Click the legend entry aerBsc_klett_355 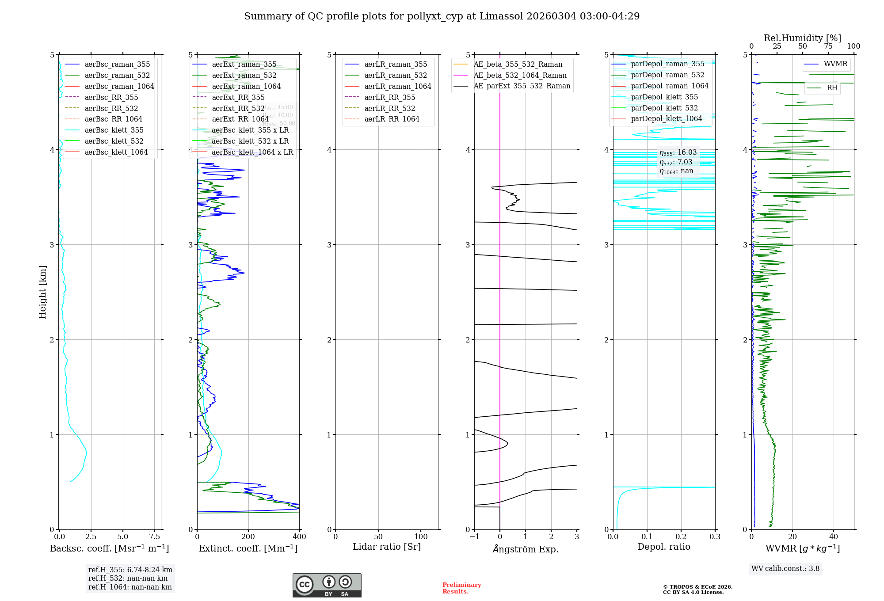pyautogui.click(x=114, y=130)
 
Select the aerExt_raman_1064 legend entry pyautogui.click(x=246, y=86)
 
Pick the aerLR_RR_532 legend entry pyautogui.click(x=389, y=108)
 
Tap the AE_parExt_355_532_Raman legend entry pyautogui.click(x=522, y=86)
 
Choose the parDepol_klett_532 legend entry pyautogui.click(x=664, y=108)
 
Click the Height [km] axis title pyautogui.click(x=42, y=292)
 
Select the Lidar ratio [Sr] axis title pyautogui.click(x=387, y=547)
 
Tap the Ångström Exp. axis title pyautogui.click(x=526, y=549)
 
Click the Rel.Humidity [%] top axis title pyautogui.click(x=802, y=38)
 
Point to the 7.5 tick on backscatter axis pyautogui.click(x=155, y=536)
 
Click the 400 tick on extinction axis pyautogui.click(x=299, y=536)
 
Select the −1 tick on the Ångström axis pyautogui.click(x=474, y=536)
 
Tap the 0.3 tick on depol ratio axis pyautogui.click(x=715, y=536)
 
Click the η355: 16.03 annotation pyautogui.click(x=678, y=152)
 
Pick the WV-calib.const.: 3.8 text pyautogui.click(x=785, y=568)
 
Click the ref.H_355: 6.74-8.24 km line pyautogui.click(x=130, y=570)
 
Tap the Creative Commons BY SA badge pyautogui.click(x=327, y=585)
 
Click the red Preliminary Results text pyautogui.click(x=461, y=588)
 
